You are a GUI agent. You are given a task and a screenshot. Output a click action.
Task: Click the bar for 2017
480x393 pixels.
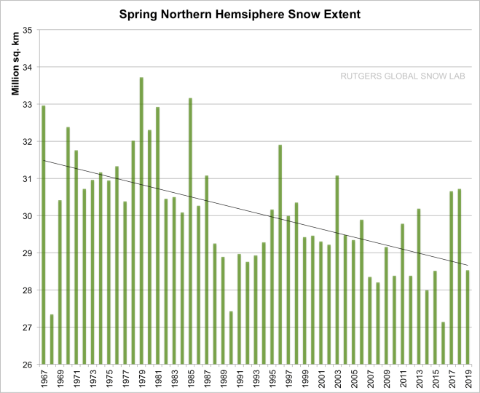click(x=452, y=277)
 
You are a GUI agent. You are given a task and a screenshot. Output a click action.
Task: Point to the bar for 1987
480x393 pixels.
click(x=207, y=270)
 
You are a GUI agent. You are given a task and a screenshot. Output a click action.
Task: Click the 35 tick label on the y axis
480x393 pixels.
click(x=29, y=30)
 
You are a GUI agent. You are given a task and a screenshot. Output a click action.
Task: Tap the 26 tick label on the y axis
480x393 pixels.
click(x=29, y=365)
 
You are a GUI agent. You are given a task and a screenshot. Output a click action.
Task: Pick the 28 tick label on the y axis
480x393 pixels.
click(x=29, y=290)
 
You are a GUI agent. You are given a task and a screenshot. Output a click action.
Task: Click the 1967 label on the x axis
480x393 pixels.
click(x=44, y=380)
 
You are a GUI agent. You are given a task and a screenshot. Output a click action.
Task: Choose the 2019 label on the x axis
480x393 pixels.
click(x=468, y=380)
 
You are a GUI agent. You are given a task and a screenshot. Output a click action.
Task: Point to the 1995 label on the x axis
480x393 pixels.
click(x=272, y=380)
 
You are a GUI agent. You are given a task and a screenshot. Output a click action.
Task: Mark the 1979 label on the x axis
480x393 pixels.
click(x=141, y=380)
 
